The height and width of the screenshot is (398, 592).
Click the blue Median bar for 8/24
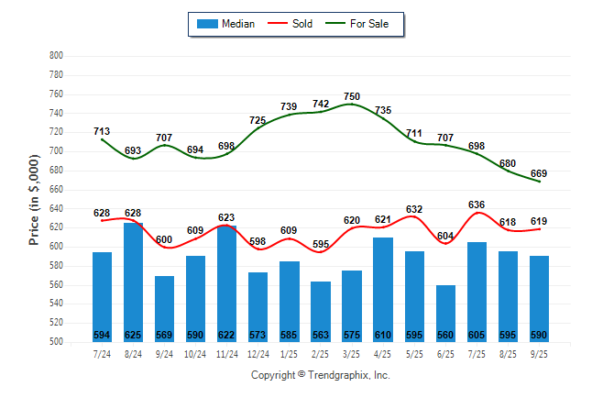point(133,275)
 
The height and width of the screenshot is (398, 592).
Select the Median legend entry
point(225,24)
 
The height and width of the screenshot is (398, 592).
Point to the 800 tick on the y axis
point(56,56)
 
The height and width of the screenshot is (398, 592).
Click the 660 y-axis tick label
point(56,190)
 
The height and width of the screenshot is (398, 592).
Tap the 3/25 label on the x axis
point(352,353)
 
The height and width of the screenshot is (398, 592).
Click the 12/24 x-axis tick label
point(258,353)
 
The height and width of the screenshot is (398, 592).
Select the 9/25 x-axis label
point(540,353)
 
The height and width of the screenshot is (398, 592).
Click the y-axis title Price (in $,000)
point(34,199)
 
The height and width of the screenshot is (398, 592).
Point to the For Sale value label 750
point(352,96)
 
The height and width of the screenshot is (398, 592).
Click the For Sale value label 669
point(539,173)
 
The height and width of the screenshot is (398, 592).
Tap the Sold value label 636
point(477,205)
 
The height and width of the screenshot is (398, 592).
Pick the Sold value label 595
point(321,244)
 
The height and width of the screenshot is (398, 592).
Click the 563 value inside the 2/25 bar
point(321,335)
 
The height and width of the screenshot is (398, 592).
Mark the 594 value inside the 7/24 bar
point(102,335)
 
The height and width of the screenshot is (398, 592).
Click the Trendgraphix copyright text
point(321,375)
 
